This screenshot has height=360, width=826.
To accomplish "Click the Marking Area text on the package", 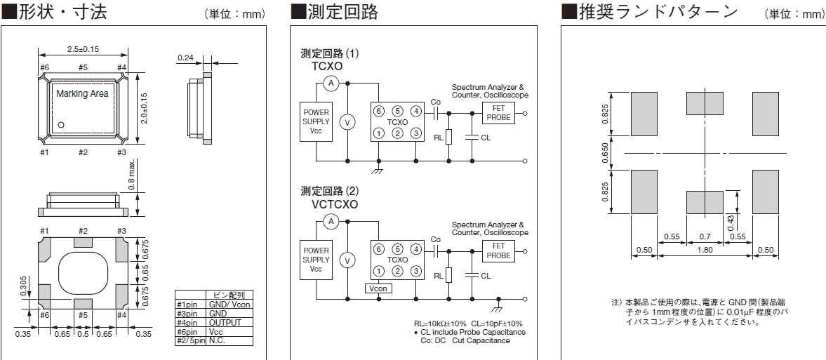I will click(x=82, y=93).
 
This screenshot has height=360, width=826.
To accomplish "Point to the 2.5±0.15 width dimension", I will click(x=82, y=49).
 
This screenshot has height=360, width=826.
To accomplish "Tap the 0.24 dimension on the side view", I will click(x=185, y=58).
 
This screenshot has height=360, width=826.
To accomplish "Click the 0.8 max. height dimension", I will click(x=142, y=177).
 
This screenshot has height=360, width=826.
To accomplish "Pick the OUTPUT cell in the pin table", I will click(x=225, y=322).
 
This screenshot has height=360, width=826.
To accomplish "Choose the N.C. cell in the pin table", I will click(x=217, y=340).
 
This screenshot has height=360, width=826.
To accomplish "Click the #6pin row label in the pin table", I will click(x=189, y=331).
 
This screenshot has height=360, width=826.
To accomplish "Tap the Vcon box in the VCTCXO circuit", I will click(x=378, y=288).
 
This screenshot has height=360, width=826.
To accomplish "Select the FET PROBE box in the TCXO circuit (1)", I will click(x=498, y=112).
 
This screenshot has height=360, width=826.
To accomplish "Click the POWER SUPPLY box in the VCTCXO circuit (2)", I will click(x=316, y=259).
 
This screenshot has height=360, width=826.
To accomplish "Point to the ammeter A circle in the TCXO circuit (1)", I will click(x=333, y=83).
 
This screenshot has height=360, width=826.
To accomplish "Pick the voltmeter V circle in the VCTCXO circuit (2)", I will click(x=345, y=260).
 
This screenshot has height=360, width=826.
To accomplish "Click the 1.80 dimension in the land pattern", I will click(x=704, y=250).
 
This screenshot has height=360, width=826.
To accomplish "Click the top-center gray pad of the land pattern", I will click(x=704, y=103).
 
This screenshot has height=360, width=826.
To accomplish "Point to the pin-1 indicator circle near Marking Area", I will click(x=61, y=125).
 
